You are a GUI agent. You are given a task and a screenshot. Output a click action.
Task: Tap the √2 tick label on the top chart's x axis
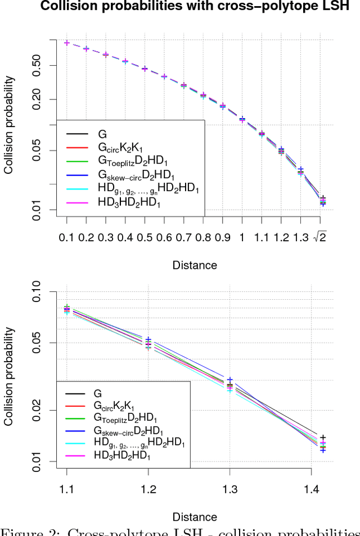(x=321, y=238)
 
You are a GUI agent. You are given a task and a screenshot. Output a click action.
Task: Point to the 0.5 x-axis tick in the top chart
(x=144, y=238)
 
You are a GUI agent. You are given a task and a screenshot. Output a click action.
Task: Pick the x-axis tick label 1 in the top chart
(x=242, y=238)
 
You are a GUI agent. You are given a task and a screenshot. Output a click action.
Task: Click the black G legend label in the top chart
(x=102, y=134)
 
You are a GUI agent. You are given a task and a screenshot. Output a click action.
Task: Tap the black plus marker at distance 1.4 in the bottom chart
(x=323, y=438)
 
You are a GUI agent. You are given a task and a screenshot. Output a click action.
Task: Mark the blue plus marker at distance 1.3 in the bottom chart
(x=229, y=380)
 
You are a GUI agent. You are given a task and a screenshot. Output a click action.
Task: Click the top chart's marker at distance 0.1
(x=66, y=43)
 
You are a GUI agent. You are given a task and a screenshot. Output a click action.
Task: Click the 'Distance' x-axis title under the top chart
(x=195, y=264)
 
